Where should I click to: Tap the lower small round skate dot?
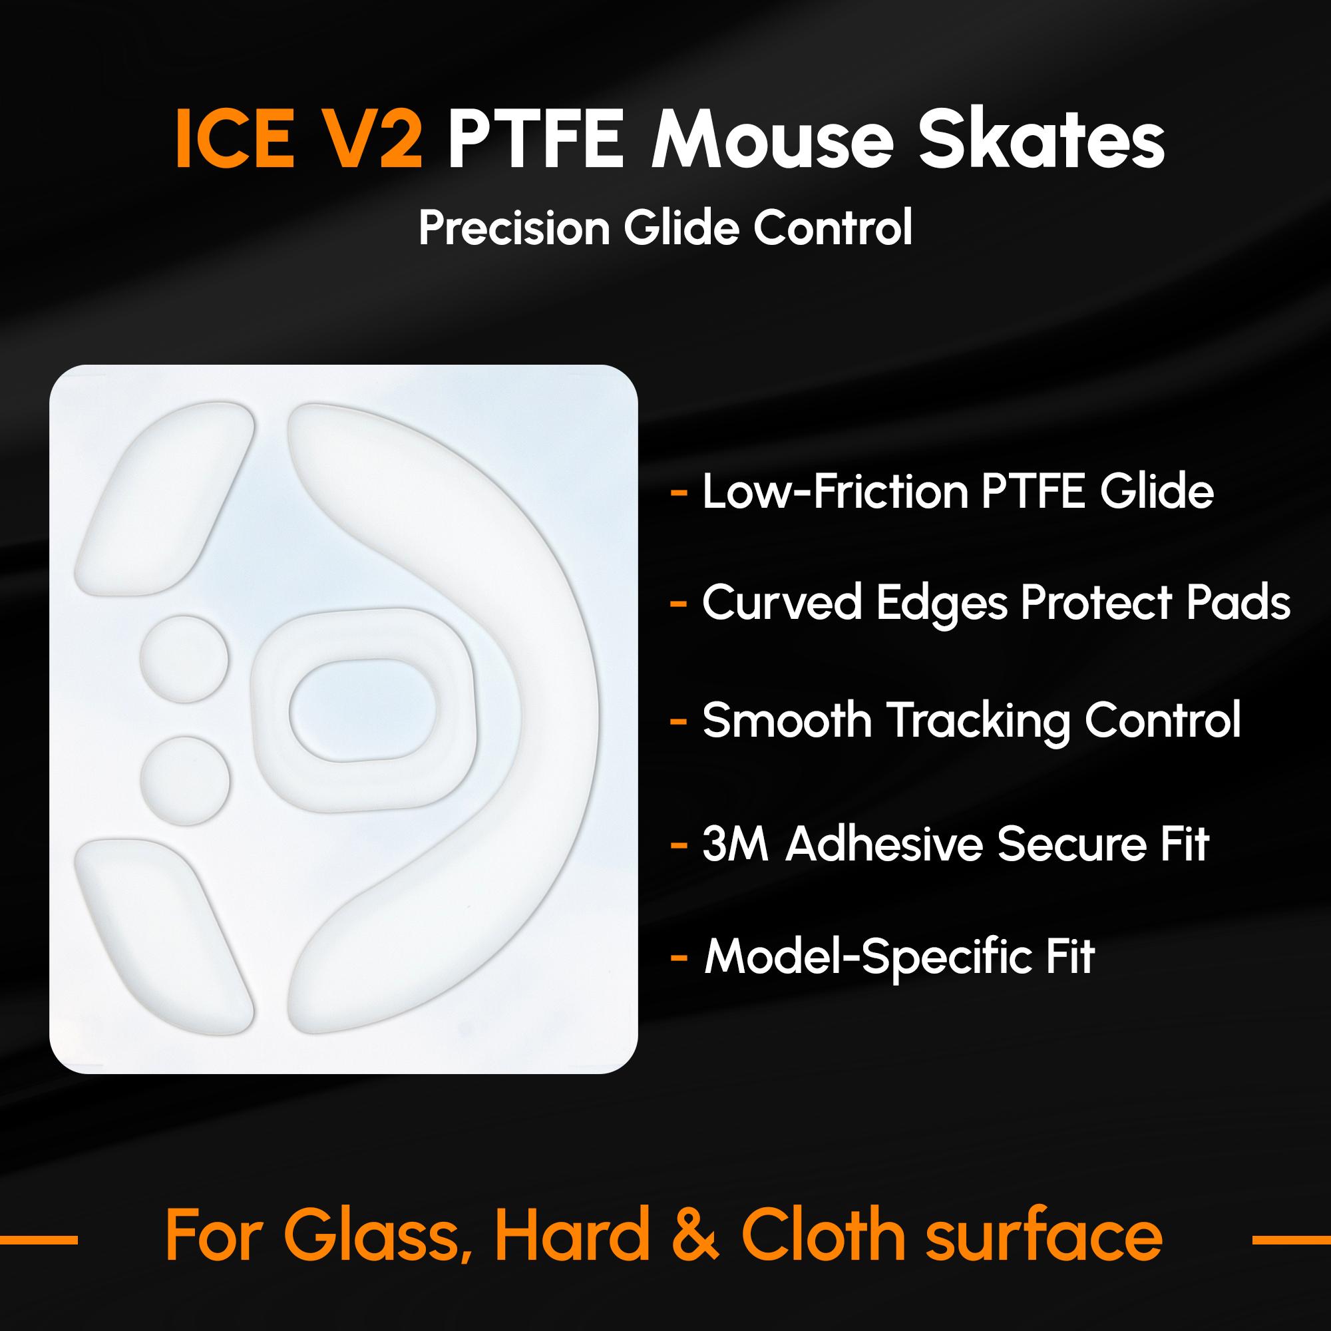(184, 781)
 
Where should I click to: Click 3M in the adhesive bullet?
(735, 845)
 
